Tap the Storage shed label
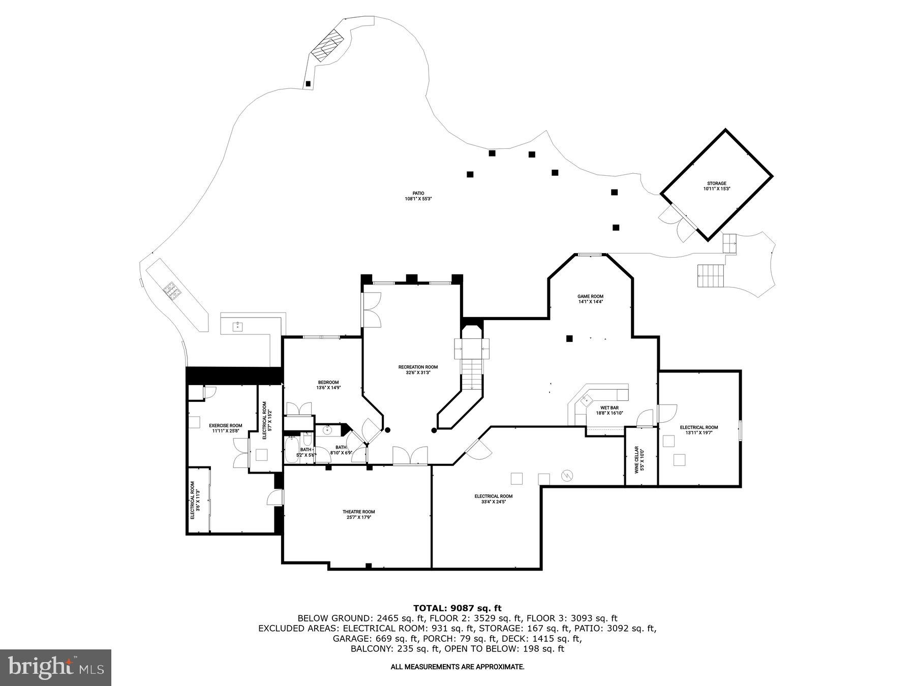tap(716, 186)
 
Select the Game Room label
tap(590, 299)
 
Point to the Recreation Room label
tap(418, 369)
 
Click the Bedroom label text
tap(328, 385)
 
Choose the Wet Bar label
tap(609, 410)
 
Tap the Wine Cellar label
tap(639, 460)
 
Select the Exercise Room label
tap(225, 428)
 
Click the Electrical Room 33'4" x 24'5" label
tap(493, 498)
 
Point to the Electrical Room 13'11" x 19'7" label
tap(698, 430)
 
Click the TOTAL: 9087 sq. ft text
tap(457, 608)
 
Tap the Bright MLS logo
tap(55, 667)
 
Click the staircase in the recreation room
tap(471, 373)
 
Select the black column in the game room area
tap(569, 338)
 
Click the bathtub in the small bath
tap(291, 450)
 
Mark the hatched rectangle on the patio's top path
tap(328, 46)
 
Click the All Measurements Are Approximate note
tap(457, 667)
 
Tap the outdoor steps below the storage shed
tap(710, 276)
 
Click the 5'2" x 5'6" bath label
tap(306, 452)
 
